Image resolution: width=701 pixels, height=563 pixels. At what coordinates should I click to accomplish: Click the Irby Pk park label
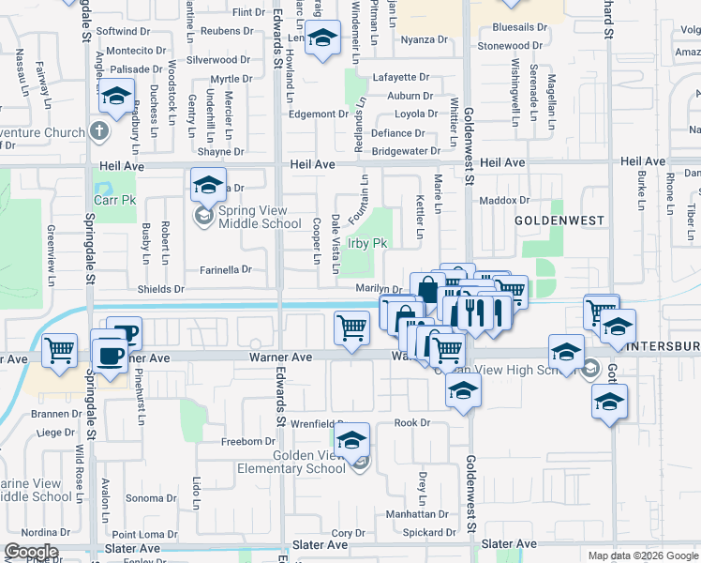(x=368, y=243)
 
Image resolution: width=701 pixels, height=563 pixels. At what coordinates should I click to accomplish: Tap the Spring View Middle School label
(x=260, y=218)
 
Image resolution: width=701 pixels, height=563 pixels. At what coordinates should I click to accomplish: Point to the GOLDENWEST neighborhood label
(x=559, y=219)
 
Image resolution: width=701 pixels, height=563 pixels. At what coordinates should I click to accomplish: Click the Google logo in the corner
(x=31, y=552)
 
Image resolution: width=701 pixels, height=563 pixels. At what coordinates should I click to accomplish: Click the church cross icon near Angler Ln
(x=101, y=130)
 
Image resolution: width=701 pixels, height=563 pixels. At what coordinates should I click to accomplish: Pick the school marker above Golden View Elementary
(x=351, y=438)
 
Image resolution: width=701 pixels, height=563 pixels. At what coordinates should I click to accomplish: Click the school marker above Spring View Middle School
(x=209, y=183)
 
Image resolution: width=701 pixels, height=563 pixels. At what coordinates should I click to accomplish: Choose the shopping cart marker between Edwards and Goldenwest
(x=351, y=327)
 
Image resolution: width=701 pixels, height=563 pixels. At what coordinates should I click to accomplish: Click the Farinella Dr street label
(x=227, y=269)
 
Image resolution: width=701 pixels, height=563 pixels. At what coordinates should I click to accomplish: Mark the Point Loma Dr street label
(x=143, y=534)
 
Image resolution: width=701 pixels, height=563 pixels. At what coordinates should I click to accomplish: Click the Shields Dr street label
(x=160, y=290)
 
